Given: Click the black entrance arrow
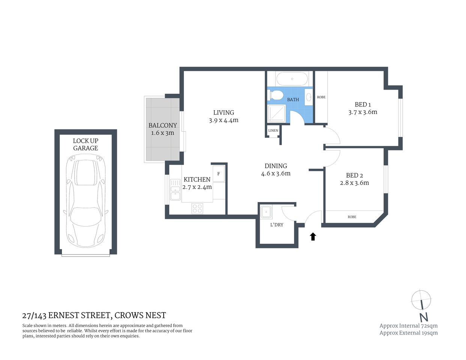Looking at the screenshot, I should (x=313, y=236).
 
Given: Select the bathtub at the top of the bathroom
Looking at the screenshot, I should (x=292, y=79).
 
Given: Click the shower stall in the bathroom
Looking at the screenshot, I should (x=277, y=113).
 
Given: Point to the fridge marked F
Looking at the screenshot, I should (x=219, y=174).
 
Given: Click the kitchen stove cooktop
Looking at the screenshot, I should (x=197, y=208).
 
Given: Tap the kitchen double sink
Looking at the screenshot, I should (x=175, y=190).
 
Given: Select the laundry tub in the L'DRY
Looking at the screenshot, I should (x=267, y=211).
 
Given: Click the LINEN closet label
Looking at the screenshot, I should (x=273, y=130).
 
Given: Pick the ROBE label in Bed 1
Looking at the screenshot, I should (x=321, y=97).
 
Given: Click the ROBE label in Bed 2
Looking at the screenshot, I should (x=352, y=217).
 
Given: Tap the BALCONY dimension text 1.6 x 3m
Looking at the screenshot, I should (x=162, y=133).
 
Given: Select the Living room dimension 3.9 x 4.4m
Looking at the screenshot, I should (x=224, y=120).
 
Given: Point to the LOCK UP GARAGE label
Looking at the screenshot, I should (x=86, y=144).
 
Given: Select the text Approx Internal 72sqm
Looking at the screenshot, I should (x=408, y=325).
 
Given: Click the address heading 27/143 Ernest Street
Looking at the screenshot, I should (x=94, y=315).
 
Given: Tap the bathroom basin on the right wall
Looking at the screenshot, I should (x=308, y=97).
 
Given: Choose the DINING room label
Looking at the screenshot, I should (x=276, y=166).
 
